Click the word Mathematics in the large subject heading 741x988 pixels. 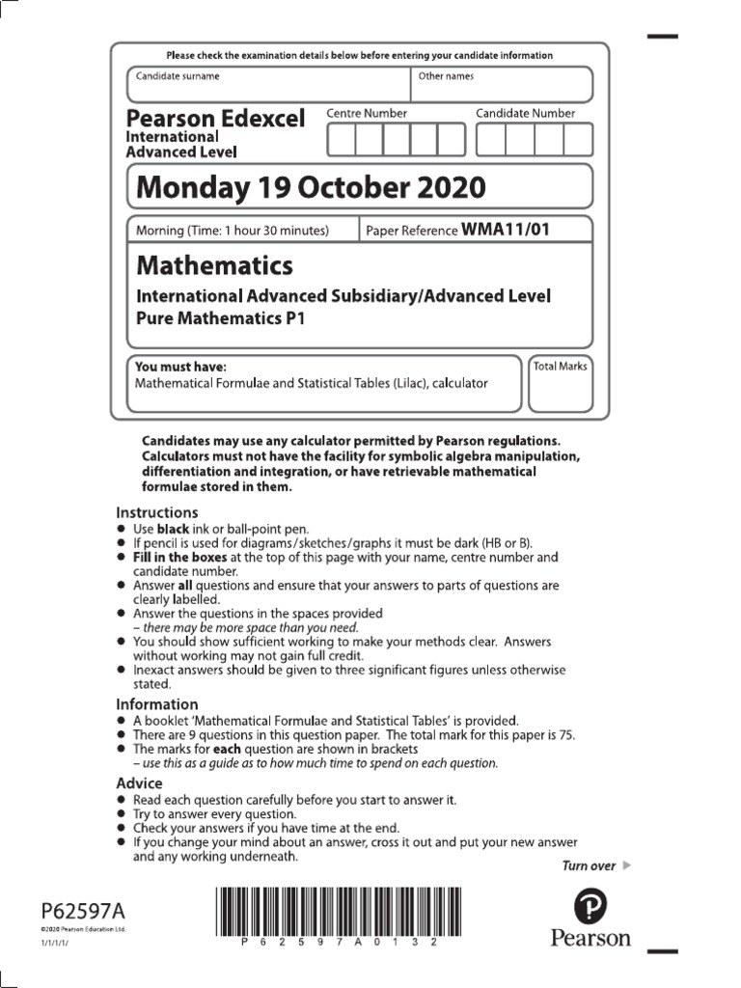point(214,264)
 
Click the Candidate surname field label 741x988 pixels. point(178,76)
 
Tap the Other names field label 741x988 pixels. point(446,76)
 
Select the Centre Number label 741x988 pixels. point(367,113)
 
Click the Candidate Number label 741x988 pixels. point(525,113)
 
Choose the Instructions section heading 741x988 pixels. point(157,512)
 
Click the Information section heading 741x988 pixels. point(157,704)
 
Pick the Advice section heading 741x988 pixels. point(139,783)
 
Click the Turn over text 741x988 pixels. point(589,865)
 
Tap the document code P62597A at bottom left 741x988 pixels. point(83,910)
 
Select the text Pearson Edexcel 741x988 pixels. point(215,119)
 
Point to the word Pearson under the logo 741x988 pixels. point(590,937)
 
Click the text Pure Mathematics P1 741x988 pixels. point(220,318)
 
